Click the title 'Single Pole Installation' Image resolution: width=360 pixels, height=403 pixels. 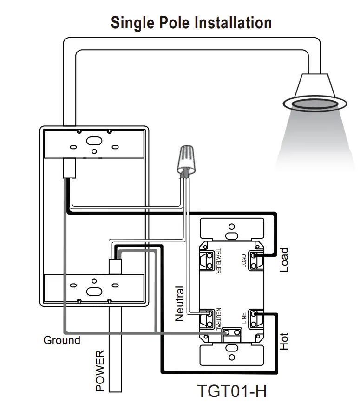191,23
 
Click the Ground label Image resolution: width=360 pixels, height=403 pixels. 62,340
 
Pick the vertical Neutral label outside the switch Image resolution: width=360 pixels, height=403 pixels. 180,304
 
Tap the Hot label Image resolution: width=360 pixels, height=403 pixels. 284,342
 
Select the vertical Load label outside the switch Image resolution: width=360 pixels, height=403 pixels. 284,260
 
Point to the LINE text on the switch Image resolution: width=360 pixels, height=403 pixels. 244,318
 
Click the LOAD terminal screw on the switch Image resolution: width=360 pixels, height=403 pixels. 255,260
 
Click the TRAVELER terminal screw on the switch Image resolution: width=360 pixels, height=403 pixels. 205,260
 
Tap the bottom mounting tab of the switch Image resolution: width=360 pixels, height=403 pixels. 231,356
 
